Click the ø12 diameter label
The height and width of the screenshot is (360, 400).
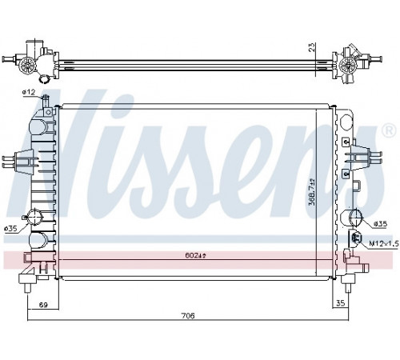click(29, 92)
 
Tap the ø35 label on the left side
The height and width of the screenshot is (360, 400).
click(11, 228)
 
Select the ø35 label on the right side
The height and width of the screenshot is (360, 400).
click(380, 224)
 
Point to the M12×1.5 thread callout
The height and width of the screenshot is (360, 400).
click(384, 243)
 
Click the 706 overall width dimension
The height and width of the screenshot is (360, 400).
click(188, 316)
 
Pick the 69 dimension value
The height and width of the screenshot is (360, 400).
click(43, 305)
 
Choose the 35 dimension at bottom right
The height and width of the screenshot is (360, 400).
click(341, 303)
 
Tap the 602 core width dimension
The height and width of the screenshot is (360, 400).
click(195, 255)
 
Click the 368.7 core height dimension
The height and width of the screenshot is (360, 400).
click(312, 192)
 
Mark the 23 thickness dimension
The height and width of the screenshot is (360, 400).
click(312, 47)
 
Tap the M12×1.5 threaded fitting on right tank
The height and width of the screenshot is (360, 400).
click(356, 237)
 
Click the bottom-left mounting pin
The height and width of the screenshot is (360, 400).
click(28, 288)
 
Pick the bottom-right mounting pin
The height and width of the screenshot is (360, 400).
click(347, 288)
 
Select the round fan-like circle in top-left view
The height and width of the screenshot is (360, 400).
click(28, 65)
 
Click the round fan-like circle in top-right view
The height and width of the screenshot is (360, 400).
click(348, 65)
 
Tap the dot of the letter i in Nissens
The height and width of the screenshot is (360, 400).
click(122, 106)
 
